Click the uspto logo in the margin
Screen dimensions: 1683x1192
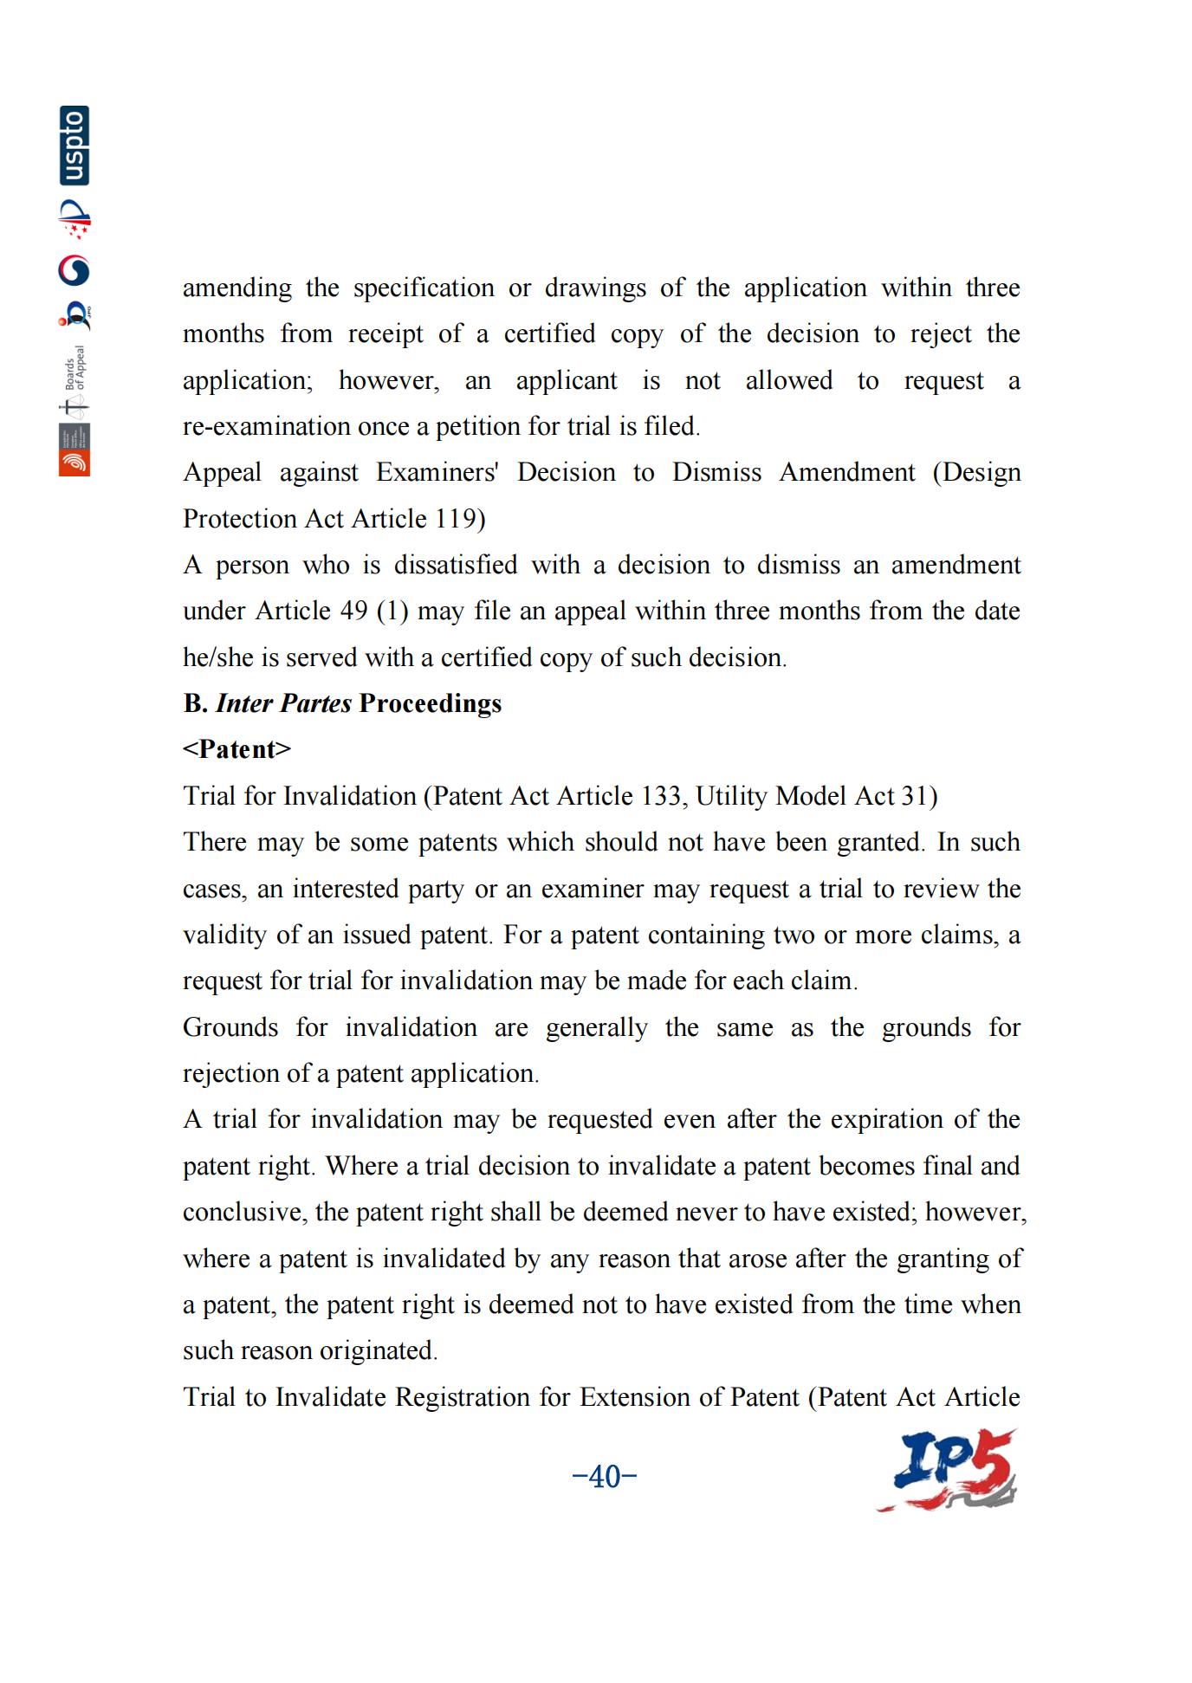tap(74, 146)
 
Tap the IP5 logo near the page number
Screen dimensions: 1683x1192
tap(948, 1470)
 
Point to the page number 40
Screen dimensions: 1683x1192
tap(605, 1475)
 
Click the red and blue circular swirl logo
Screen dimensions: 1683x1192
tap(74, 271)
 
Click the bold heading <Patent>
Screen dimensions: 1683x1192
tap(236, 749)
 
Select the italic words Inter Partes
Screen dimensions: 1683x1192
tap(283, 703)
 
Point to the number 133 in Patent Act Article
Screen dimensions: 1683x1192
tap(661, 796)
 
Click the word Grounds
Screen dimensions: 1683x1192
tap(230, 1027)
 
